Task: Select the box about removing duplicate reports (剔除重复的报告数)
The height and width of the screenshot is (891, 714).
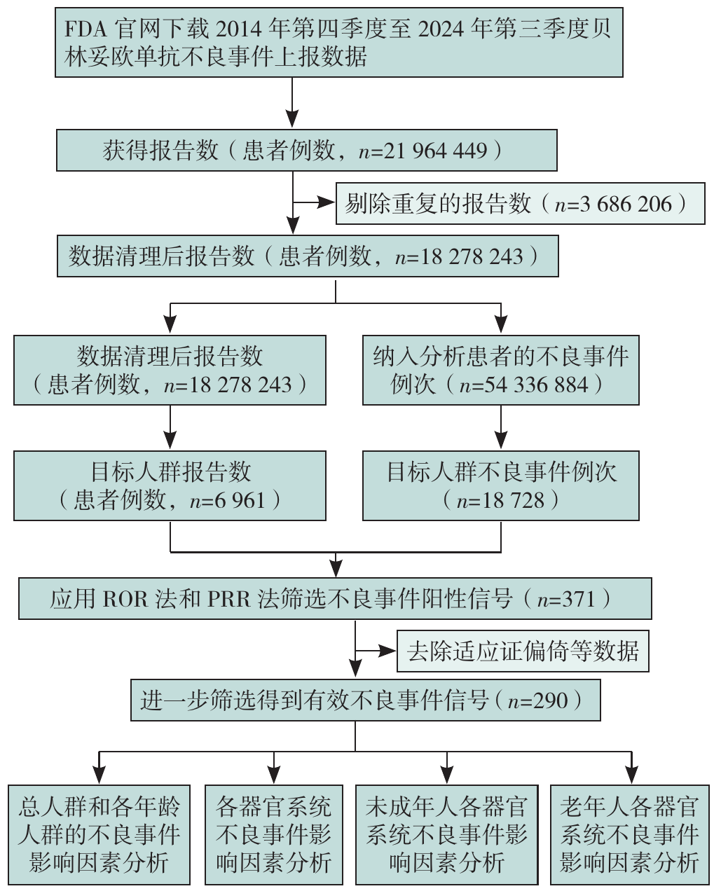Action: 520,204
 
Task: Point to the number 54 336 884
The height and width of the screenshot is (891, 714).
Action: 536,385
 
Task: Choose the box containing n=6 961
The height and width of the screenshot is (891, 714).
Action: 170,485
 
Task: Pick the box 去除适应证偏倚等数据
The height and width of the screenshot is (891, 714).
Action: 522,651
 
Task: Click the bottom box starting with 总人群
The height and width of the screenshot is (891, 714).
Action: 99,834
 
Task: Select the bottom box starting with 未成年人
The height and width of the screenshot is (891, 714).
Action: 446,834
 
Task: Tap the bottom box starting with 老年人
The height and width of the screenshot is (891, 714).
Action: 629,834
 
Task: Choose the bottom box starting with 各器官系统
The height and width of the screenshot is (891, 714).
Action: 273,834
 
